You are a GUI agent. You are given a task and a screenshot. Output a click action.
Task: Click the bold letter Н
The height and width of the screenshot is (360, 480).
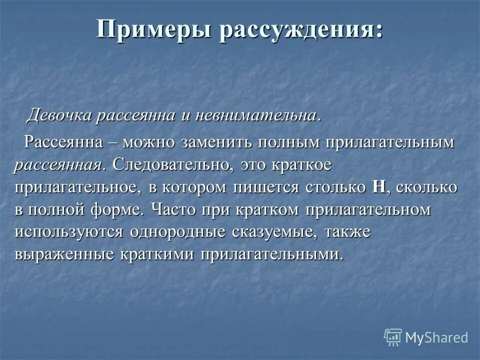coord(378,187)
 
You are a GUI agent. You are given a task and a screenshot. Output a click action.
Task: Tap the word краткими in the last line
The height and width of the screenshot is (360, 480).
coord(158,254)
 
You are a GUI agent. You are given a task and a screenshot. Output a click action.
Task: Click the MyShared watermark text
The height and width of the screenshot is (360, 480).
coord(436,337)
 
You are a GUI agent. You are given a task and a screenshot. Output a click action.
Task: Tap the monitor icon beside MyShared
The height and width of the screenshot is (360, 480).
coord(393,337)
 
